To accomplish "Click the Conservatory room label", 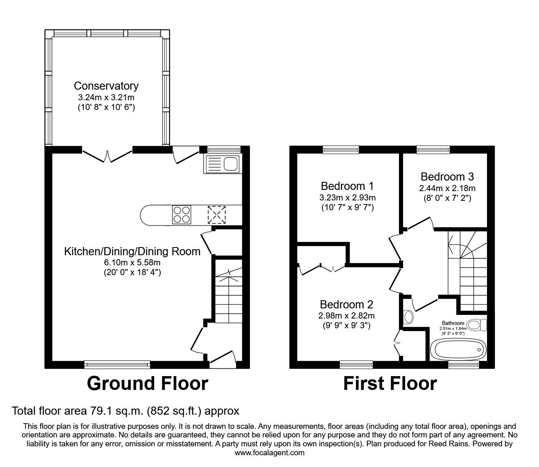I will [x=106, y=86].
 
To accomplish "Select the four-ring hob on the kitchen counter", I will [x=181, y=215].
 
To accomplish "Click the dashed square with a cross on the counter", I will [x=217, y=215].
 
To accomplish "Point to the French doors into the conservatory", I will [x=108, y=156].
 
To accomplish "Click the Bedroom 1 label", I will [x=347, y=186].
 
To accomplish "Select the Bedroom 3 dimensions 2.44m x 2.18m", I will [x=447, y=188].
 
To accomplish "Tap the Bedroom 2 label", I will [x=346, y=304].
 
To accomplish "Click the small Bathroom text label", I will [x=453, y=323].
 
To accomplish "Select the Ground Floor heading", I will [x=147, y=383].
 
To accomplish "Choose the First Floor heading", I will [x=390, y=383].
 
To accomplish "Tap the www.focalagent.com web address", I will [x=269, y=453].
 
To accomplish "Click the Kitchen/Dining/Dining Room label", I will [x=132, y=252].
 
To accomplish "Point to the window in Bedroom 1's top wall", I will [x=341, y=150].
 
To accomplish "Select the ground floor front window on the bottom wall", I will [x=117, y=364].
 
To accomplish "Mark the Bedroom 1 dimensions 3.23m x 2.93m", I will [x=347, y=198].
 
